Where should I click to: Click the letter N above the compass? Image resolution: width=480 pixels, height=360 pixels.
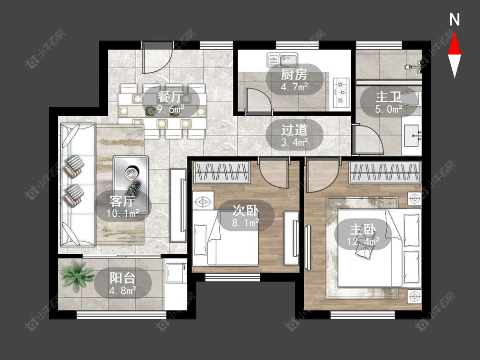click(455, 20)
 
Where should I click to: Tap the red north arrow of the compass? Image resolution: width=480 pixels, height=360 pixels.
click(455, 44)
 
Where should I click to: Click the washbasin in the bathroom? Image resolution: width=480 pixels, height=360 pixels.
click(412, 136)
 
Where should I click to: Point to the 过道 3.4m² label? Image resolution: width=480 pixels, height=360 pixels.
click(294, 134)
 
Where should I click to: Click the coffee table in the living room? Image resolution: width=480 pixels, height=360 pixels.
click(131, 184)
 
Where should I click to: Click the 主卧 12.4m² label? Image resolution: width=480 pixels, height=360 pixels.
click(363, 235)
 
